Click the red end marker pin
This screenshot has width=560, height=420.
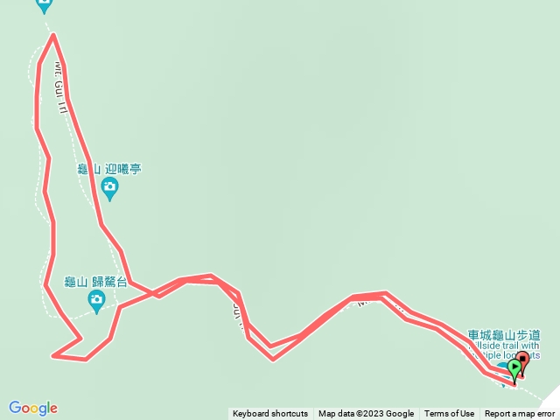(x=523, y=360)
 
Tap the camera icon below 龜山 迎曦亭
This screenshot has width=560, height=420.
(x=109, y=186)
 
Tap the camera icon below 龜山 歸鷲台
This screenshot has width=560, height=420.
(x=96, y=301)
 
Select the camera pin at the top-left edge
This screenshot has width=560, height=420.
(x=44, y=4)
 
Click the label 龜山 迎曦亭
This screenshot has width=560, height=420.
(x=109, y=168)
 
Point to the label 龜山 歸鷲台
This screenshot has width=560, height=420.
(x=96, y=282)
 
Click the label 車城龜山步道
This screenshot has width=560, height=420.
(x=504, y=334)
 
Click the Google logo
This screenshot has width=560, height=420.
(x=33, y=408)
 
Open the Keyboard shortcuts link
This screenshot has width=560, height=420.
(x=270, y=414)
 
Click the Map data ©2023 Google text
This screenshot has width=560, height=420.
(x=366, y=414)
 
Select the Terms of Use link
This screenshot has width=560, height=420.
(x=450, y=414)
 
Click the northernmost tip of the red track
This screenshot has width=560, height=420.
(x=54, y=35)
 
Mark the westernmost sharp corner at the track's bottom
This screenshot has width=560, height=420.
(x=53, y=355)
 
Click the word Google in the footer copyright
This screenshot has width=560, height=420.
(x=400, y=414)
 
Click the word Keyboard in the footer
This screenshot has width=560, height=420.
(x=253, y=414)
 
